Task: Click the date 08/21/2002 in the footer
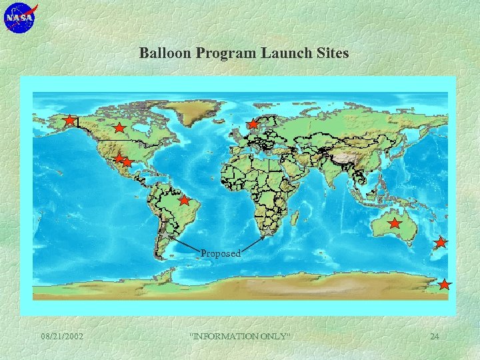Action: click(x=62, y=336)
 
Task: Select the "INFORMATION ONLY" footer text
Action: click(x=241, y=336)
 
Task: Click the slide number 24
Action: click(x=434, y=336)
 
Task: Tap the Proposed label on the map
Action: click(x=221, y=253)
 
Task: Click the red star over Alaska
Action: click(x=69, y=121)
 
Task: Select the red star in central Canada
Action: click(x=119, y=127)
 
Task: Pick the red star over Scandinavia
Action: click(x=253, y=124)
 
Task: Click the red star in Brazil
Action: click(x=184, y=200)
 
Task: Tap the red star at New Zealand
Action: click(x=440, y=242)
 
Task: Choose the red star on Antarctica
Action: click(x=445, y=285)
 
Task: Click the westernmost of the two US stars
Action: click(x=119, y=159)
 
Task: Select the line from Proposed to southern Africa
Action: click(x=254, y=243)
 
